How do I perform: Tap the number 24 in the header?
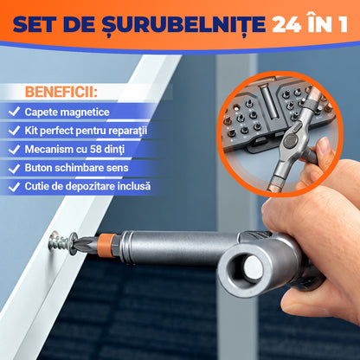click(x=286, y=24)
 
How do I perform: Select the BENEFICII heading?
click(x=61, y=92)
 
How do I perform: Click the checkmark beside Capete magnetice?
click(x=14, y=112)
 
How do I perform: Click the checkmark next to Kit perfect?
click(x=14, y=131)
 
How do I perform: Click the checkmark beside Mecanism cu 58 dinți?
click(x=14, y=150)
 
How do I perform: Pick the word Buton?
click(x=38, y=168)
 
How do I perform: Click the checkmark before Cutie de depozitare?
click(x=14, y=187)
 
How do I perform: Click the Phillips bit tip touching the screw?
click(x=80, y=245)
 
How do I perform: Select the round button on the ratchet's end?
click(x=253, y=268)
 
